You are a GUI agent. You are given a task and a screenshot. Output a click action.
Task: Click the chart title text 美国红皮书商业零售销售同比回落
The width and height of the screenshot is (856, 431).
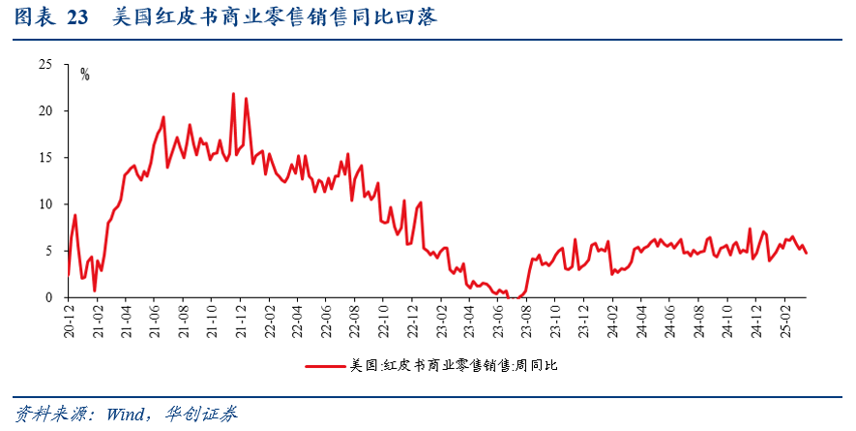(x=274, y=16)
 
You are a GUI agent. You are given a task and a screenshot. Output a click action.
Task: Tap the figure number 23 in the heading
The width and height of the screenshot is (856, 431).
(x=79, y=16)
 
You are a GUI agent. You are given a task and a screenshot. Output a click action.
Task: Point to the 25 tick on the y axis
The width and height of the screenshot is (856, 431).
(x=44, y=65)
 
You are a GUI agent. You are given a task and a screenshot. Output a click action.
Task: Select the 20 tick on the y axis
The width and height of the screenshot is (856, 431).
(x=44, y=111)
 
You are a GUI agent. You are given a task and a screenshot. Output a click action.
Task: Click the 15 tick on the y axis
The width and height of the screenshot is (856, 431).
(x=44, y=158)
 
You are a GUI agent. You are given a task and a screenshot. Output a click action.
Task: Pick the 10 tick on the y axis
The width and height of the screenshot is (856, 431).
(x=44, y=204)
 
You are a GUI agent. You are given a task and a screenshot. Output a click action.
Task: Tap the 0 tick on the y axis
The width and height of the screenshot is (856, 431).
(x=47, y=297)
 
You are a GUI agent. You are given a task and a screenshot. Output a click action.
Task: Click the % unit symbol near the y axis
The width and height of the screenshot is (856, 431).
(x=85, y=75)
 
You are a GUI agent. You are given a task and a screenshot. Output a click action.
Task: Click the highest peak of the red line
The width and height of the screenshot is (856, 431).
(x=233, y=94)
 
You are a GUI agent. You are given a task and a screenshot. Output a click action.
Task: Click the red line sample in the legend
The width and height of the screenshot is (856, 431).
(x=326, y=366)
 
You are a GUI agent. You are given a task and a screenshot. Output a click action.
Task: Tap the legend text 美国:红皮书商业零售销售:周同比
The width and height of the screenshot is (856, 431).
(x=454, y=366)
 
